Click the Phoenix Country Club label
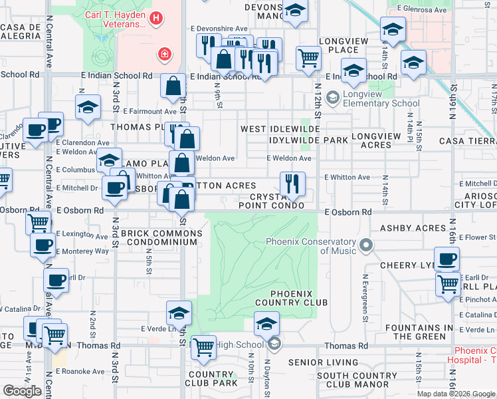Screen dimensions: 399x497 (x=299, y=298)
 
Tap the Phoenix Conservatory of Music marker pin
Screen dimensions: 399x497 (x=365, y=247)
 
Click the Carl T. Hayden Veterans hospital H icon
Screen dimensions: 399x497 (x=155, y=19)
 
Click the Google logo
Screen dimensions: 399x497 (x=22, y=391)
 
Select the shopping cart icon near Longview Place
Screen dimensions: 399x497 (x=308, y=58)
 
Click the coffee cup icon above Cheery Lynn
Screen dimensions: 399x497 (x=447, y=258)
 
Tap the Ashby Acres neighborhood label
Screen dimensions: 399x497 (x=413, y=228)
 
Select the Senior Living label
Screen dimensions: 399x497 (x=324, y=362)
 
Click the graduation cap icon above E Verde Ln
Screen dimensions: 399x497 (x=179, y=313)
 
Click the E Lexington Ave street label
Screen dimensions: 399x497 (x=82, y=235)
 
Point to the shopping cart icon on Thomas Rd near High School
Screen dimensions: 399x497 (x=203, y=346)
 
